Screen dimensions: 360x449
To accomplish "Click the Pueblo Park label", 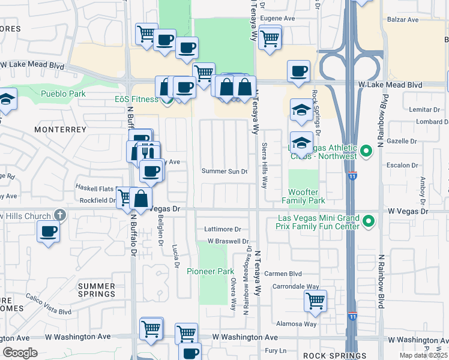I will point(63,94).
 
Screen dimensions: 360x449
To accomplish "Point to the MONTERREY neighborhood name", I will point(57,130).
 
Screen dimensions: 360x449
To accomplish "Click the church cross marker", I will point(59,214).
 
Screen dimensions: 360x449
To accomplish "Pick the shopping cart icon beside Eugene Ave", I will point(270,39).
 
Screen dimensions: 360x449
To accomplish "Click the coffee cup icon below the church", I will point(48,231).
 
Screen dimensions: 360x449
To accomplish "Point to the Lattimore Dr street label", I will point(222,229).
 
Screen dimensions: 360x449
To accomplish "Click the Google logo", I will point(20,352).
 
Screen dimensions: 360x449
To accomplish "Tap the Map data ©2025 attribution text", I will point(423,355).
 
